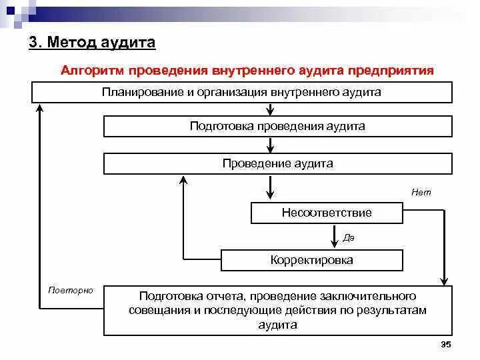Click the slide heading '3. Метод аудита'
[93, 43]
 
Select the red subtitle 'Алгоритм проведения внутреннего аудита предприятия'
[247, 70]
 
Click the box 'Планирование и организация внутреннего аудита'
[241, 92]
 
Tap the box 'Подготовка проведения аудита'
[277, 126]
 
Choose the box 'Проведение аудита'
[277, 163]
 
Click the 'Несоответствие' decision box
[327, 213]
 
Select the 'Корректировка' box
[311, 260]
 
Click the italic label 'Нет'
[421, 192]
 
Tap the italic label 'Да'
[349, 237]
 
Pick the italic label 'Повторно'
[71, 291]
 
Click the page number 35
[446, 344]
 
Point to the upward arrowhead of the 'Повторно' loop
[41, 112]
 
